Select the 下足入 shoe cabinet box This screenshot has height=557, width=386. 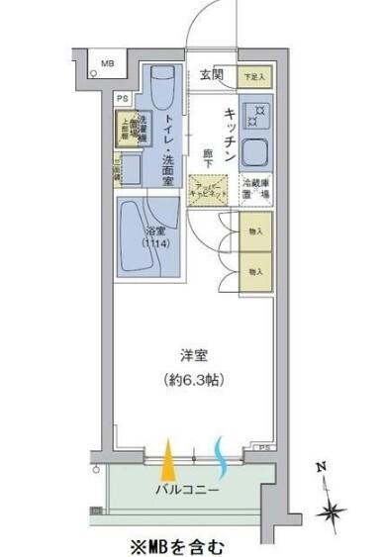pyautogui.click(x=254, y=75)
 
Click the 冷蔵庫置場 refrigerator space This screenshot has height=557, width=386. pyautogui.click(x=254, y=188)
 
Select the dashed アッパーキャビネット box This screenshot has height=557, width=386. pyautogui.click(x=208, y=188)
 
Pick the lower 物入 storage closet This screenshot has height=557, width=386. pyautogui.click(x=255, y=270)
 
